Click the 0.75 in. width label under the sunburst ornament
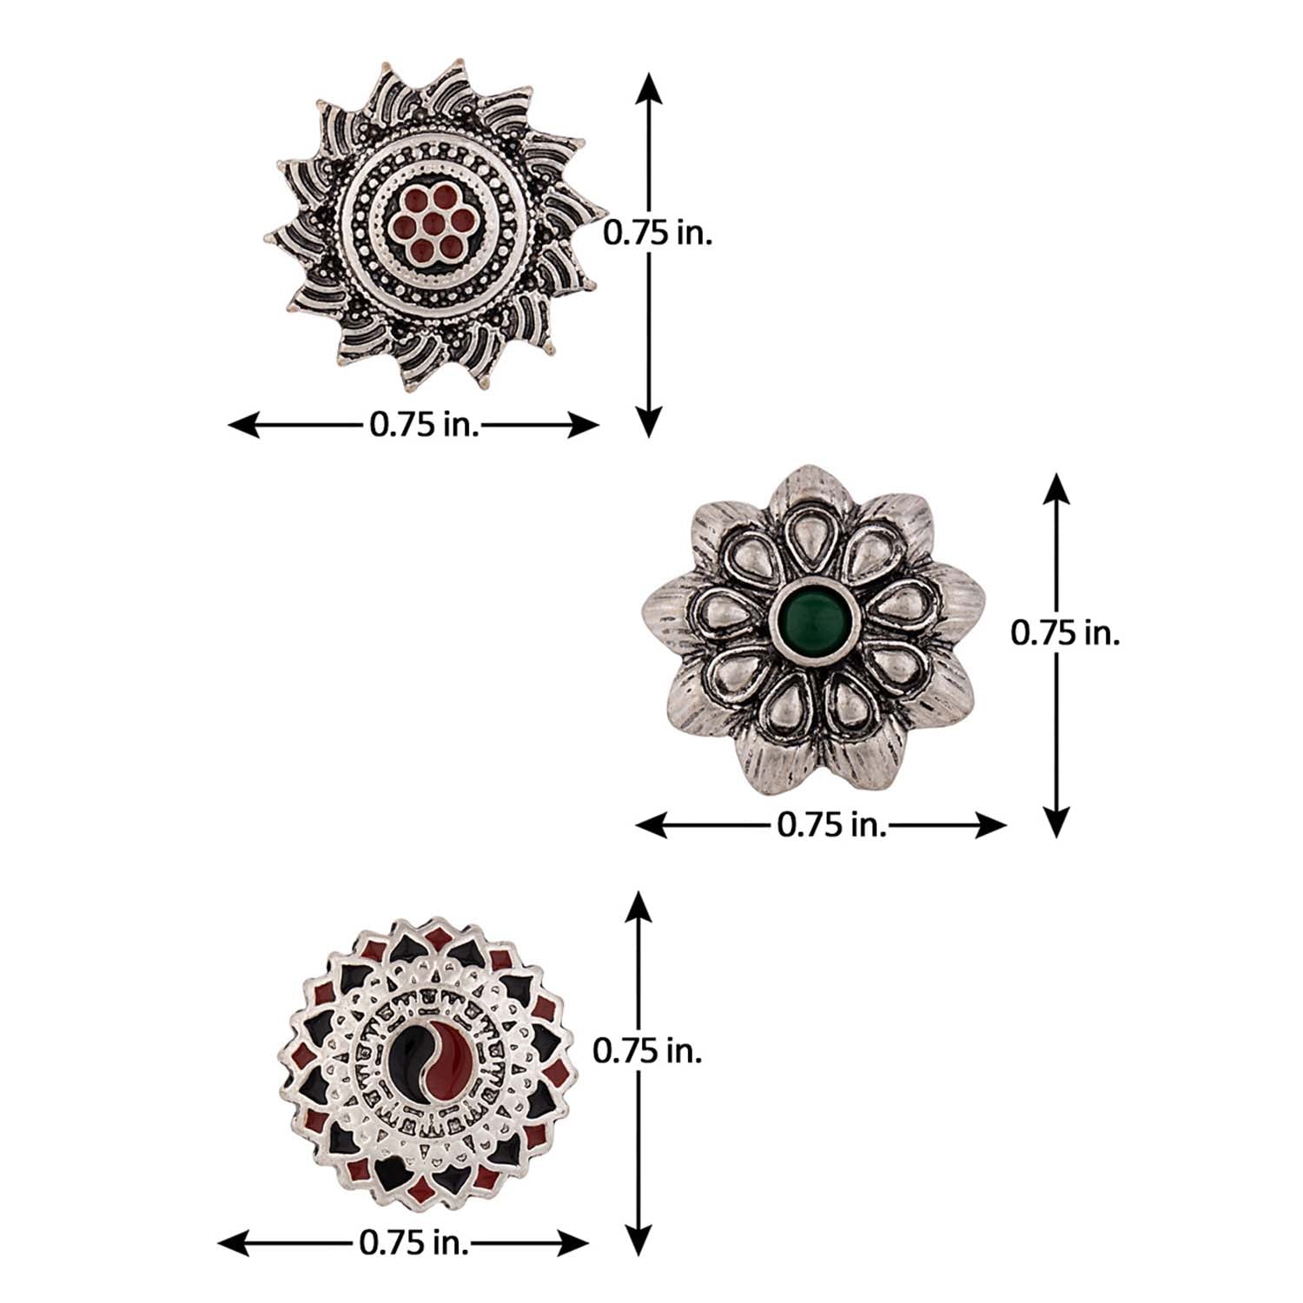coord(425,425)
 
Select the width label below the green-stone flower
coord(832,824)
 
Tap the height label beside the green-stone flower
coord(1065,632)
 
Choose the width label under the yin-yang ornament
coord(414,1243)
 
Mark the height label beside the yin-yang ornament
coord(647,1051)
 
